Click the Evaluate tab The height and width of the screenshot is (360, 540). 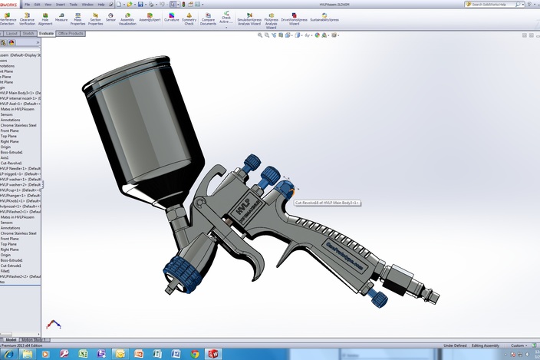click(46, 34)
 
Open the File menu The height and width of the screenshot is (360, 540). click(27, 4)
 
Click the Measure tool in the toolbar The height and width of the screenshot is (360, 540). click(61, 18)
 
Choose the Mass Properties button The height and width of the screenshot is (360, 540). click(78, 18)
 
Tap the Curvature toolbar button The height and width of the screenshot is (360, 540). click(172, 18)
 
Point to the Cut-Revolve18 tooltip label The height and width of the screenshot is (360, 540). click(328, 203)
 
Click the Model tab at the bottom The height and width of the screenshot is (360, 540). click(11, 339)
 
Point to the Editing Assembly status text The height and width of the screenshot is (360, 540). click(487, 345)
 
